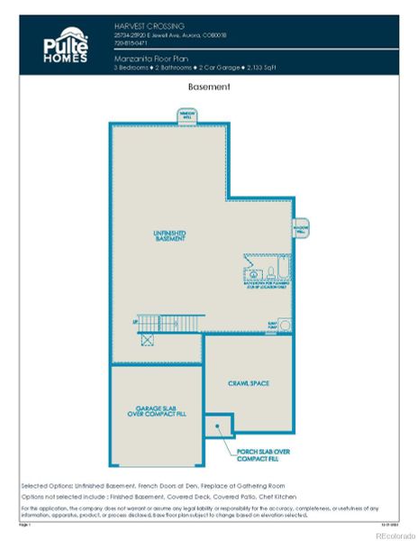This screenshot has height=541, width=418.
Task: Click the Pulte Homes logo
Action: click(66, 45)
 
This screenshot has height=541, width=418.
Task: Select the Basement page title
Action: click(209, 87)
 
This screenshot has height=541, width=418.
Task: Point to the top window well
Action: click(187, 115)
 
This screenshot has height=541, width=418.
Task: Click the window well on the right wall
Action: click(301, 227)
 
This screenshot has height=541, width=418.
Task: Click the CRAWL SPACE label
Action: click(249, 383)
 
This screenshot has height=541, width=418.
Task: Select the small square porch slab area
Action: click(218, 423)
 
